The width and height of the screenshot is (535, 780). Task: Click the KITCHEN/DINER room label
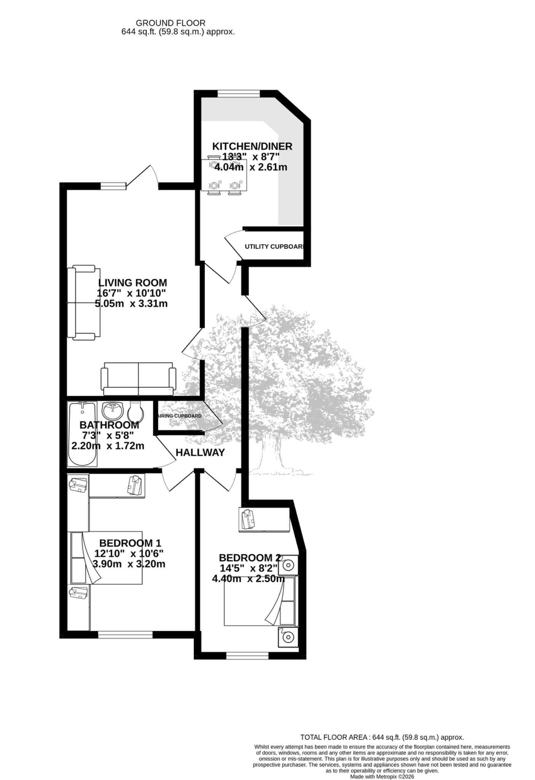coord(252,146)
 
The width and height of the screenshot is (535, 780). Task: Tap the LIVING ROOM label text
coord(133,283)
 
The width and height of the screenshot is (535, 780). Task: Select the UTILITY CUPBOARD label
coord(274,246)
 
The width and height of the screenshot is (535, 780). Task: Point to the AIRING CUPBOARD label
coord(179,416)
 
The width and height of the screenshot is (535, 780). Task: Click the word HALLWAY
coord(200,453)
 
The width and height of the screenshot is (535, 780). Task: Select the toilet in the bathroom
coord(135,411)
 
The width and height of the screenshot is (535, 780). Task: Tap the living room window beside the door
coord(113,186)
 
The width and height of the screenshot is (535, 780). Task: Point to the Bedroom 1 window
coord(125,635)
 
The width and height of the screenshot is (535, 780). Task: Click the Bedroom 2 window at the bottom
coord(248,655)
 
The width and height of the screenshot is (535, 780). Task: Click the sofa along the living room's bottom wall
coord(139,379)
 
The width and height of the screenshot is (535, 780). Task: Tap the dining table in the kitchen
coord(224,176)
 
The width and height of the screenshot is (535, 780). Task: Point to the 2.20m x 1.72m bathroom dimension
coord(108,446)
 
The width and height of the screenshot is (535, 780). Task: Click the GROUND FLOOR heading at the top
coord(171,23)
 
